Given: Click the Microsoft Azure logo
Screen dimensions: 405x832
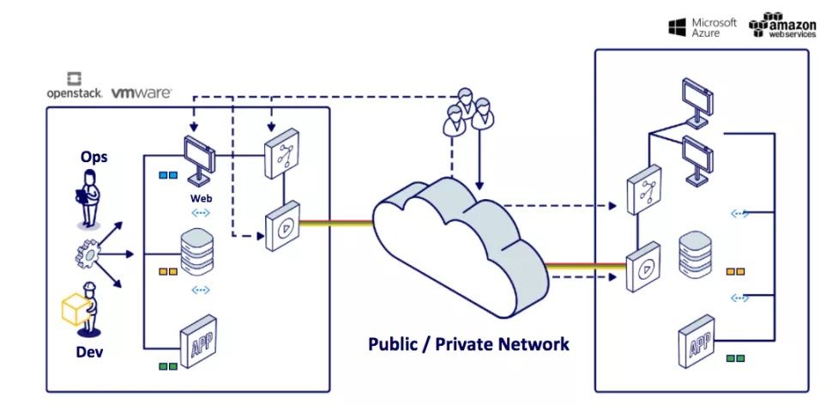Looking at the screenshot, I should tap(702, 27).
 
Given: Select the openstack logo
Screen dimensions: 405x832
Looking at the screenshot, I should tap(74, 87).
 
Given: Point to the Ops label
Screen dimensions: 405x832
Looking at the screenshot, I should tap(94, 158).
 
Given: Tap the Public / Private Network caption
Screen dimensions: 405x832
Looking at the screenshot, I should tap(468, 344).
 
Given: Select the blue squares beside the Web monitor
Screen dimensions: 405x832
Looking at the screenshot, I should tap(167, 175).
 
